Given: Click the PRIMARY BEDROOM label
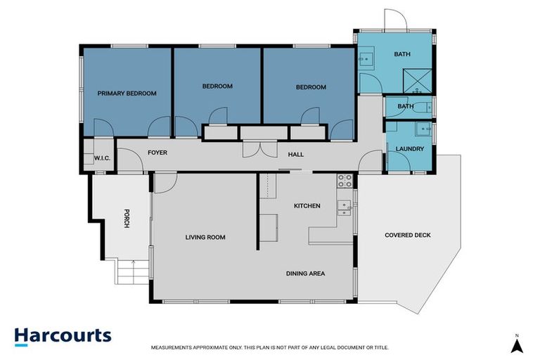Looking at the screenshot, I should pyautogui.click(x=127, y=93).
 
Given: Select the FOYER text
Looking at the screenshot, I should pyautogui.click(x=157, y=152).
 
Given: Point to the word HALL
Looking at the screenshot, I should pyautogui.click(x=295, y=153).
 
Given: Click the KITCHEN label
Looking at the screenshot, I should pyautogui.click(x=307, y=206).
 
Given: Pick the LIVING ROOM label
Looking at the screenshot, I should pyautogui.click(x=205, y=237).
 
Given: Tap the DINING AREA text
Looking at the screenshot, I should pyautogui.click(x=305, y=274).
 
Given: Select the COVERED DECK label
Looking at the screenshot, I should pyautogui.click(x=407, y=235).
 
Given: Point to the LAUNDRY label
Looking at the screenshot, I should pyautogui.click(x=409, y=148).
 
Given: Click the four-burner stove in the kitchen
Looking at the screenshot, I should pyautogui.click(x=345, y=180).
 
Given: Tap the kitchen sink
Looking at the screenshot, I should pyautogui.click(x=344, y=206).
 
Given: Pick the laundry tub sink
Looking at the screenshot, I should pyautogui.click(x=423, y=129).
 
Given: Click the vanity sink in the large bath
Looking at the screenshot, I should pyautogui.click(x=366, y=60).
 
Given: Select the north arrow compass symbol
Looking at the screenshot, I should pyautogui.click(x=516, y=345).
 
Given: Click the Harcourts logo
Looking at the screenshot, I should pyautogui.click(x=63, y=335).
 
